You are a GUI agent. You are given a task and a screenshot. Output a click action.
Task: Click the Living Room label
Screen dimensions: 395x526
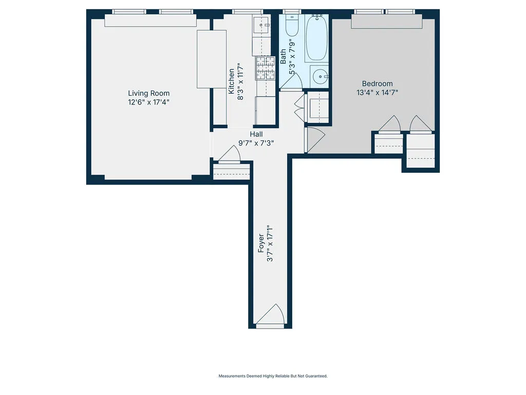(x=148, y=93)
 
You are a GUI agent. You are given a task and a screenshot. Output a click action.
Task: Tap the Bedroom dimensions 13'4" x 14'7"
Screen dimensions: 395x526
(x=377, y=93)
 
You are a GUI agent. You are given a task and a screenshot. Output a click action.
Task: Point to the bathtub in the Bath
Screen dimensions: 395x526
(x=316, y=39)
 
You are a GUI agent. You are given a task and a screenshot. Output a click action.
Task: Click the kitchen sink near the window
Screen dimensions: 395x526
(x=262, y=24)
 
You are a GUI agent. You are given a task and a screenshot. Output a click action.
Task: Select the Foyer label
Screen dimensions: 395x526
(x=261, y=243)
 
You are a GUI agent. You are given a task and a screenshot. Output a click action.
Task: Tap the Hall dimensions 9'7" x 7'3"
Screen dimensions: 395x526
(x=256, y=143)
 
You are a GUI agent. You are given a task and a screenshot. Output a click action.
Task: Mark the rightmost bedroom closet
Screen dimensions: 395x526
(x=420, y=152)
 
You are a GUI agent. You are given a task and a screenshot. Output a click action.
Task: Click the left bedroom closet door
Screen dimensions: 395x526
(x=389, y=124)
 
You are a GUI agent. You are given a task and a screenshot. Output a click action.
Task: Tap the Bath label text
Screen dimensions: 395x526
(x=284, y=56)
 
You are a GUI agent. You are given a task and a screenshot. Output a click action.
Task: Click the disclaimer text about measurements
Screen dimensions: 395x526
(x=273, y=376)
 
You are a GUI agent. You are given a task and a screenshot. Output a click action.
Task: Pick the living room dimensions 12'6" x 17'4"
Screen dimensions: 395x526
(x=148, y=102)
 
